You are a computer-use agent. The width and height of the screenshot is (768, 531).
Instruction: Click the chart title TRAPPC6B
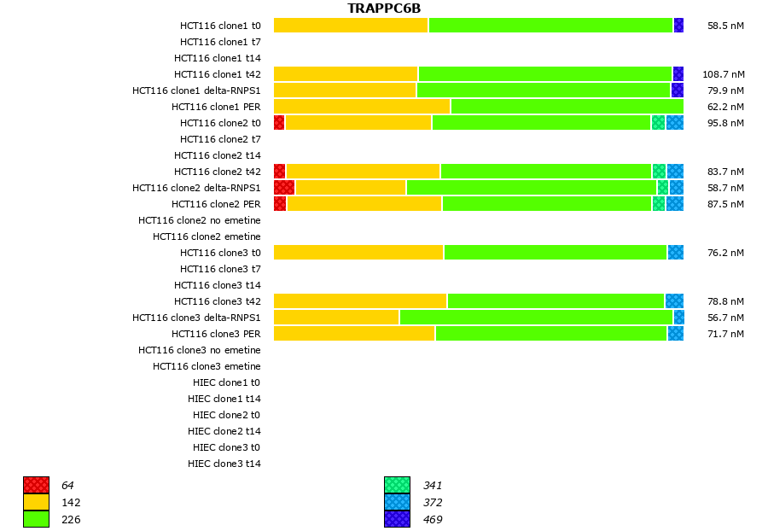pyautogui.click(x=384, y=9)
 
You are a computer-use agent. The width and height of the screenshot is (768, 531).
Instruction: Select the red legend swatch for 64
pyautogui.click(x=36, y=486)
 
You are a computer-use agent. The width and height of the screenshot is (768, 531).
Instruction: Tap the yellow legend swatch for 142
pyautogui.click(x=36, y=502)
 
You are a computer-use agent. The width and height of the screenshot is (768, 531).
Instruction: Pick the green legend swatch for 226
pyautogui.click(x=36, y=519)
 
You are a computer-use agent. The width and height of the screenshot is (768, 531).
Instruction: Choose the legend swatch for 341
pyautogui.click(x=397, y=486)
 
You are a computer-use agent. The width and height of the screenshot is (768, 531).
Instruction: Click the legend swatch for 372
pyautogui.click(x=397, y=502)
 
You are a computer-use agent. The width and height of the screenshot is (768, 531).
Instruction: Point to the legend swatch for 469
pyautogui.click(x=397, y=519)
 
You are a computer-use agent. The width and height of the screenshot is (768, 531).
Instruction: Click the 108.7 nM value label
pyautogui.click(x=723, y=74)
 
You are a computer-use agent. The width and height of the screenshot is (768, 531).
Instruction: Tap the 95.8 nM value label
pyautogui.click(x=725, y=123)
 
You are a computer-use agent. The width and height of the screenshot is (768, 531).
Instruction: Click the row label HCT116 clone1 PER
pyautogui.click(x=216, y=107)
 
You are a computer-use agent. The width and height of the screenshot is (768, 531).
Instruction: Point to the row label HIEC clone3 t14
pyautogui.click(x=224, y=464)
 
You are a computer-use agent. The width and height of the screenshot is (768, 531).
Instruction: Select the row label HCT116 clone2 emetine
pyautogui.click(x=207, y=236)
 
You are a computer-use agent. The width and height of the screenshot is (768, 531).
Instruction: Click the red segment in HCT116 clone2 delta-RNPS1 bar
pyautogui.click(x=284, y=187)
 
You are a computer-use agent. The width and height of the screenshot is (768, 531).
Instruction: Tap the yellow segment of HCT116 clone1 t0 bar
pyautogui.click(x=351, y=26)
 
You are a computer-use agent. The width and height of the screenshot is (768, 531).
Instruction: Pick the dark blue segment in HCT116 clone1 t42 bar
pyautogui.click(x=678, y=74)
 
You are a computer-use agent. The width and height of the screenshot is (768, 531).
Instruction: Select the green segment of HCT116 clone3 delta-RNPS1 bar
pyautogui.click(x=536, y=318)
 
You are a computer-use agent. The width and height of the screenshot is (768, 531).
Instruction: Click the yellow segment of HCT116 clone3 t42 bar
pyautogui.click(x=360, y=301)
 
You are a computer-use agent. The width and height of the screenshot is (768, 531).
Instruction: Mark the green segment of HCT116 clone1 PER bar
pyautogui.click(x=567, y=107)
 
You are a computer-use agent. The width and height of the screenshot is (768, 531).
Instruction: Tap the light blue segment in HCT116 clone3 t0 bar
pyautogui.click(x=675, y=253)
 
